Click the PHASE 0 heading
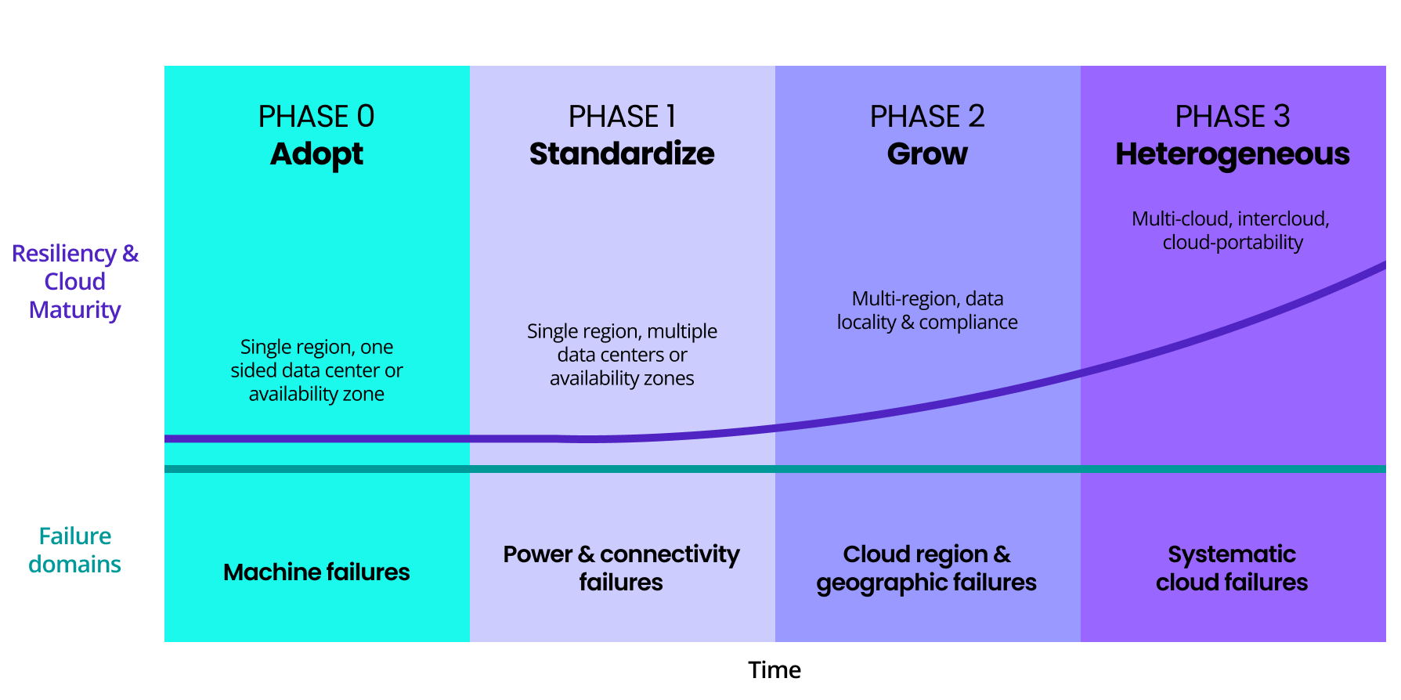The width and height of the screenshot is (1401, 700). tap(316, 117)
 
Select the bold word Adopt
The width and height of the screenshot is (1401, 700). tap(316, 154)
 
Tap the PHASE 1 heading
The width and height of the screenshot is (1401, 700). tap(622, 117)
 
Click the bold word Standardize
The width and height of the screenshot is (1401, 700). tap(622, 154)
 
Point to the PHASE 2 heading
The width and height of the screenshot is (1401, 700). tap(927, 117)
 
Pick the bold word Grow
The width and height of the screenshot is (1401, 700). tap(927, 154)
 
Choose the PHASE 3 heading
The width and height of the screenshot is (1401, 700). tap(1233, 117)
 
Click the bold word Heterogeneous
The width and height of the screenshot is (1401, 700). tap(1233, 154)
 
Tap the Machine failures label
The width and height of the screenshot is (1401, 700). tap(316, 572)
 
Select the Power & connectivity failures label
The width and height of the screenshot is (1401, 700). tap(621, 568)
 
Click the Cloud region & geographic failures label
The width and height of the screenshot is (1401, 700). tap(926, 568)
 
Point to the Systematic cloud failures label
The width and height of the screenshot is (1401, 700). tap(1232, 568)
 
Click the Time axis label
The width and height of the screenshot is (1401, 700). tap(774, 670)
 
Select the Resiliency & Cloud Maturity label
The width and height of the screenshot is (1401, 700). tap(75, 282)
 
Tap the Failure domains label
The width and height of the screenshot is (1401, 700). tap(75, 550)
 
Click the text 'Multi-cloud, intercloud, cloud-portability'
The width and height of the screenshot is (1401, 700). tap(1232, 230)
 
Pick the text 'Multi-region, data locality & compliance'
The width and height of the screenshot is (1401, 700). tap(927, 310)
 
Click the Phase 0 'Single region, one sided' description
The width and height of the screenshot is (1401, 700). tap(316, 370)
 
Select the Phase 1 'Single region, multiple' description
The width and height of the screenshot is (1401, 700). tap(622, 355)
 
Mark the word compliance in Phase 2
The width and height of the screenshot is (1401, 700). tap(969, 323)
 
